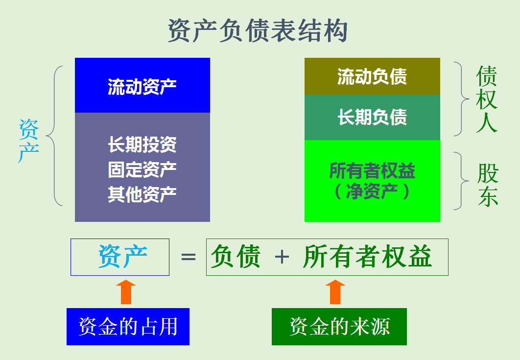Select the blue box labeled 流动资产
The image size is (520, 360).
coord(142,86)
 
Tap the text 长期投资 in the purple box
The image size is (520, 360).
coord(142,144)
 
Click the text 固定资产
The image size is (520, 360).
coord(142,169)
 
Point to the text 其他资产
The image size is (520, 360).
coord(142,194)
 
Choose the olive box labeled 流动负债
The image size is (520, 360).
coord(372,77)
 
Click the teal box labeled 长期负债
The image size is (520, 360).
coord(372,118)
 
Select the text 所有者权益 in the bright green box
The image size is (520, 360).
coord(372,171)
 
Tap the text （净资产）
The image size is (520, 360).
coord(372,191)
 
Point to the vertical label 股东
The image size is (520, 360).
coord(488,185)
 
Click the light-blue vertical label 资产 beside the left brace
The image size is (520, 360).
coord(29,141)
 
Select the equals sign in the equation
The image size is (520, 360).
coord(188,257)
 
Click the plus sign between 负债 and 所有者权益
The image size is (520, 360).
coord(282,257)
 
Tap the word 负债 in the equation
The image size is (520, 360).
coord(235,257)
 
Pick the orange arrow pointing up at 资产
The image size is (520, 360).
coord(126,292)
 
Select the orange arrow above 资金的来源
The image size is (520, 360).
coord(335,292)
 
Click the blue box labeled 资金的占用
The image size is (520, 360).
coord(128,327)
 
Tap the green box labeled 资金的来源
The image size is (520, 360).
coord(339,327)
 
